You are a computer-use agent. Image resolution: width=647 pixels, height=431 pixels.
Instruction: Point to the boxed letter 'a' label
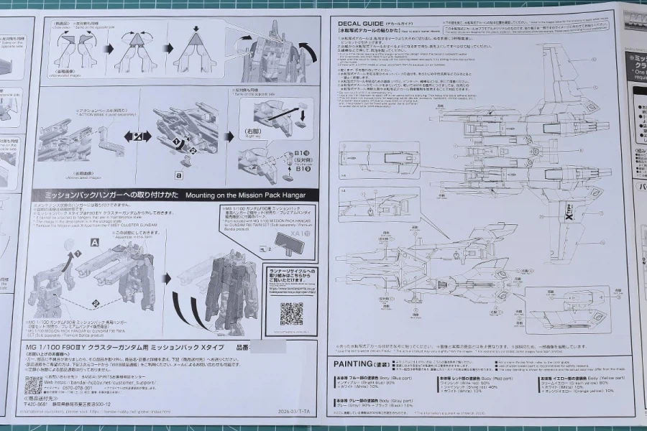point(178,175)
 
